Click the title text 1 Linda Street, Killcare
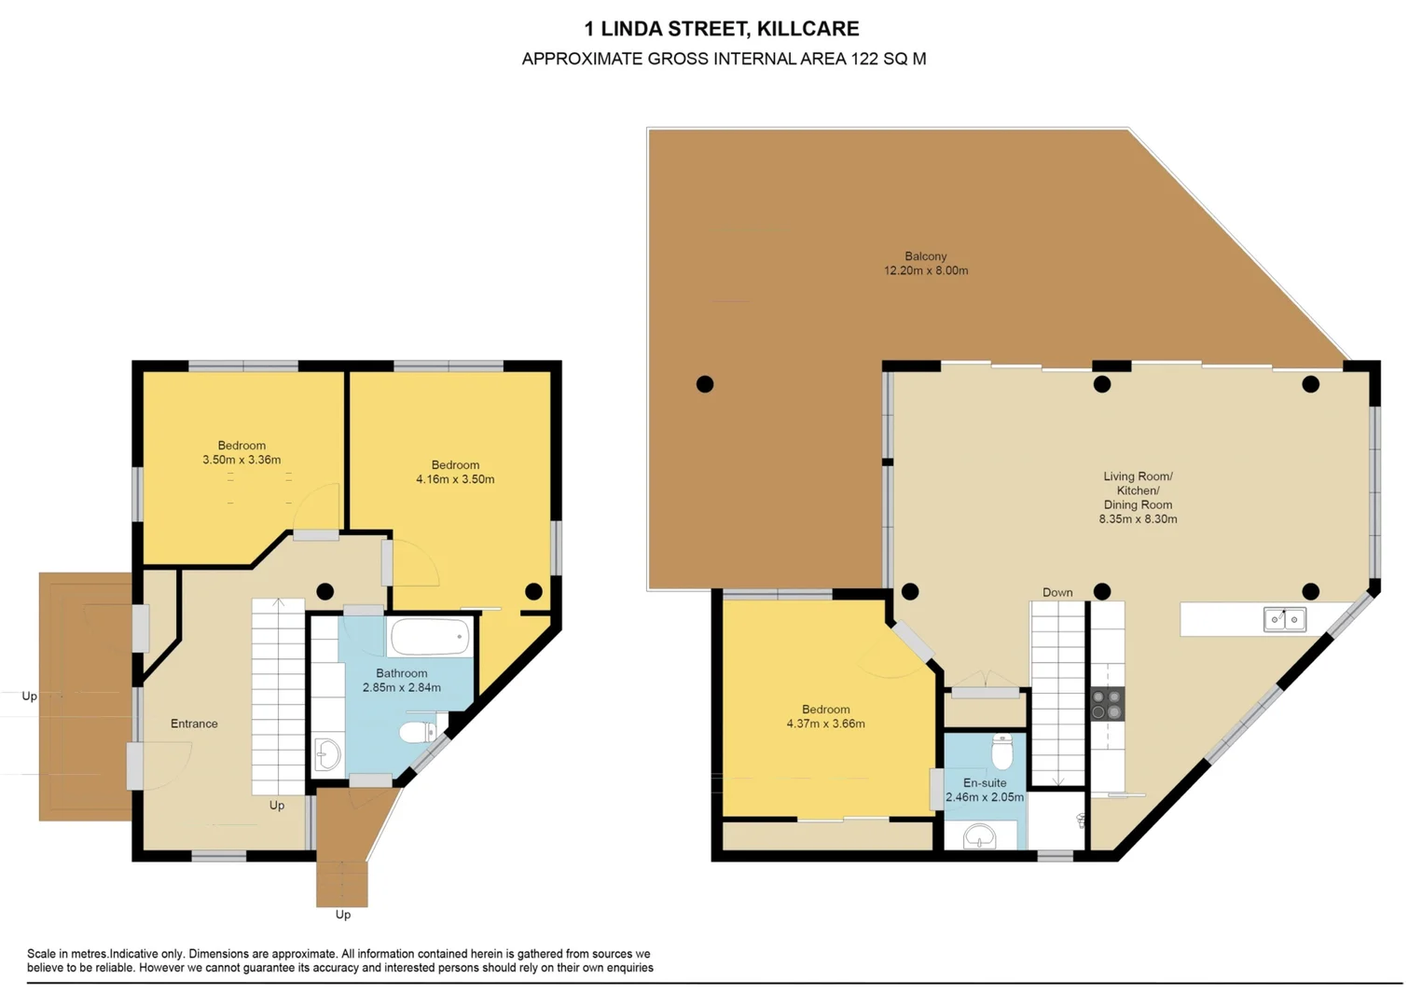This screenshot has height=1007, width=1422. tap(722, 29)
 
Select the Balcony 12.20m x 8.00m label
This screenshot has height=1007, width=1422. tap(925, 264)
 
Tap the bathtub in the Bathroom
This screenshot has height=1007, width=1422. tap(430, 637)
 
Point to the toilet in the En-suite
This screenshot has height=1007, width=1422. tap(1001, 751)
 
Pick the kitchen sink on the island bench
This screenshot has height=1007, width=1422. tap(1284, 619)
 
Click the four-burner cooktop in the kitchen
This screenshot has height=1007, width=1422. tap(1107, 704)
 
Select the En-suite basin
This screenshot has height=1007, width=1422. tap(979, 836)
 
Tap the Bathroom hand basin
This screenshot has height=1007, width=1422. tap(327, 754)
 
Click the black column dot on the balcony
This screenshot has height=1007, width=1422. tap(705, 384)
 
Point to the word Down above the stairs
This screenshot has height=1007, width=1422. tap(1057, 593)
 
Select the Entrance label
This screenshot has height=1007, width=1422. tap(194, 724)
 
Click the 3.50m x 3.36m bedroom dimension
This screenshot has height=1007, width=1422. tap(242, 460)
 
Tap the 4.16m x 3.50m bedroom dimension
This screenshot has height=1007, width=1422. tap(455, 479)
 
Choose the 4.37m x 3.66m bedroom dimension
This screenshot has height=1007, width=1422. tap(825, 724)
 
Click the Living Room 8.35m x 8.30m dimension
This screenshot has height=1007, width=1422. tap(1138, 519)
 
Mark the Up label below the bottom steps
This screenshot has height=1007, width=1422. tap(343, 915)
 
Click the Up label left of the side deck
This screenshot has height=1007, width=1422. tap(30, 697)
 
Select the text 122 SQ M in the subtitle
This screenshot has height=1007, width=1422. tap(888, 59)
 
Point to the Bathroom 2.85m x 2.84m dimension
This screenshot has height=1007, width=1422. tap(402, 688)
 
